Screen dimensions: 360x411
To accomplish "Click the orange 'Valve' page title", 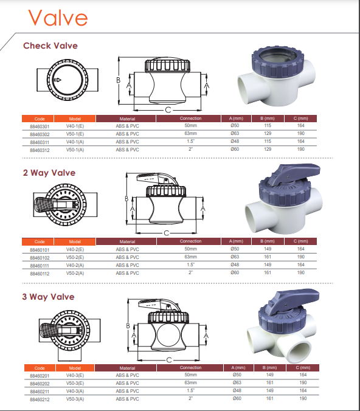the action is (58, 18).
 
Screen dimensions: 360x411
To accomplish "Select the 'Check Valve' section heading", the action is (50, 46).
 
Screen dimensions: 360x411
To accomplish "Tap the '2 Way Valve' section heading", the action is (49, 173).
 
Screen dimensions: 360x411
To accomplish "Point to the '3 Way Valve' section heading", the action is (48, 297).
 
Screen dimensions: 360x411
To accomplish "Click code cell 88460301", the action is (40, 126).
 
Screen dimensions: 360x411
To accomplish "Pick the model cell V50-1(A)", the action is (75, 150).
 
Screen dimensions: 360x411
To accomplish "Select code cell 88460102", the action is (40, 258).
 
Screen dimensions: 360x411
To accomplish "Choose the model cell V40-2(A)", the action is (75, 265).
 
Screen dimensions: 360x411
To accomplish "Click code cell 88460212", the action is (40, 399).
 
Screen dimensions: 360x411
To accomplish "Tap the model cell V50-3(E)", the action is (75, 383).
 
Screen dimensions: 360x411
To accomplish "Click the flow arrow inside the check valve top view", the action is (57, 80).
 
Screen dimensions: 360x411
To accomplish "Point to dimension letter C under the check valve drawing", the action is (168, 110).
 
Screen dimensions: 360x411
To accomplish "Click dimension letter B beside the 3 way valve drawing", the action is (128, 326).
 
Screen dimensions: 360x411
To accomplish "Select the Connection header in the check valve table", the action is (190, 119).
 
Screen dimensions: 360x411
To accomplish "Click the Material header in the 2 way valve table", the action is (128, 241).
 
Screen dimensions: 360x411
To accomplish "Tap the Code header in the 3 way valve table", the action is (40, 368).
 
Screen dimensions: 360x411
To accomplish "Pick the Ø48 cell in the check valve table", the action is (235, 141).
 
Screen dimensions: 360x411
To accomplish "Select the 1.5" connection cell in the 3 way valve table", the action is (190, 390).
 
